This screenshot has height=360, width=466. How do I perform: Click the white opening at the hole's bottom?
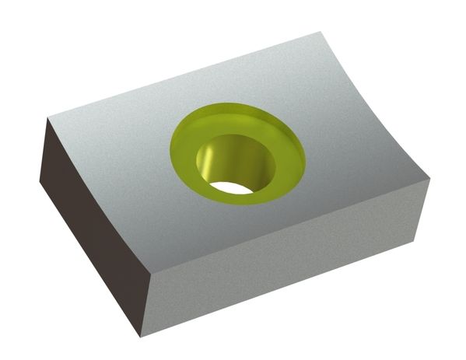click(232, 187)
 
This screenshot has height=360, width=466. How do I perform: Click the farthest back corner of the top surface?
click(321, 33)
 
